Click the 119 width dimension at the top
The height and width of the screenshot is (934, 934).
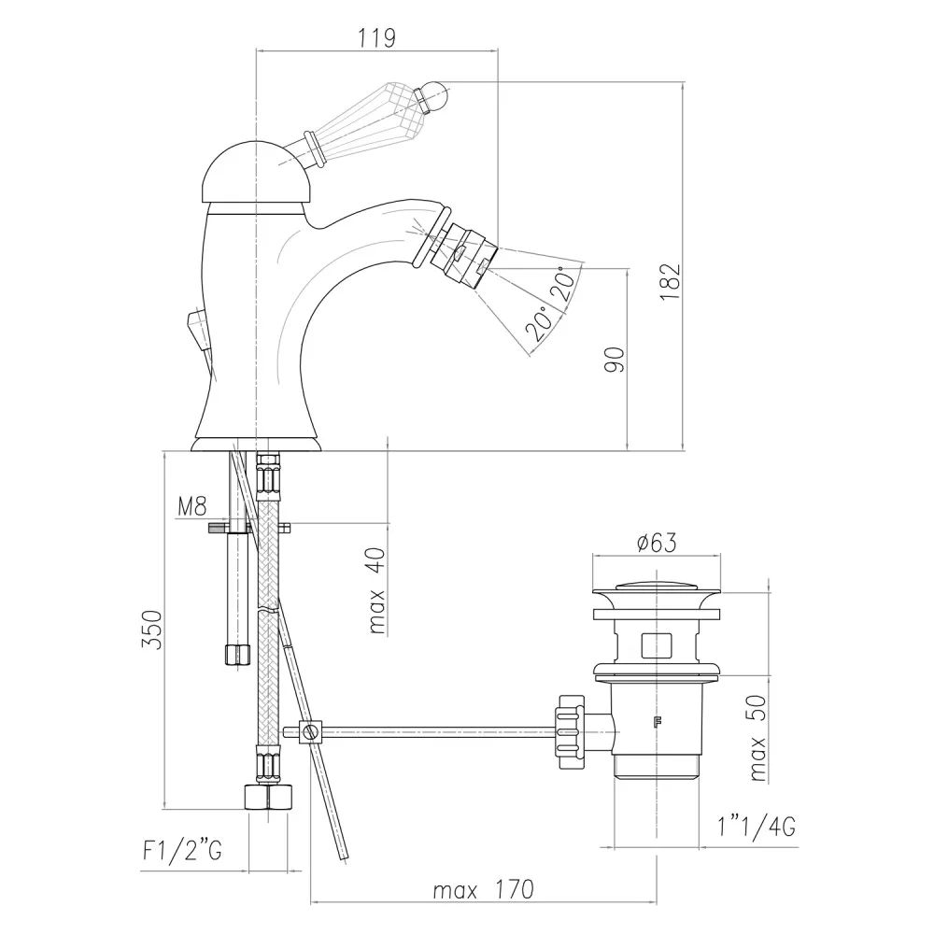[x=376, y=38]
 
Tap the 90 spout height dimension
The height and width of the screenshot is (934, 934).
[x=615, y=360]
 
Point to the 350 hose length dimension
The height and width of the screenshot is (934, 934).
[x=151, y=630]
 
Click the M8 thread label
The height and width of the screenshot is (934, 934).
[x=192, y=506]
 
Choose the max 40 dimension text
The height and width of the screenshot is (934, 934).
[x=377, y=590]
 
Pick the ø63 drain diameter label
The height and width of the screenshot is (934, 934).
[x=657, y=543]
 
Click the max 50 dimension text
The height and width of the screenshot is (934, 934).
[x=757, y=738]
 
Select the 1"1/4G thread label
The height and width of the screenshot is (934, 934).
[x=757, y=827]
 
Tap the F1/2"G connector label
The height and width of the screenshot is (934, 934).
[x=182, y=850]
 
